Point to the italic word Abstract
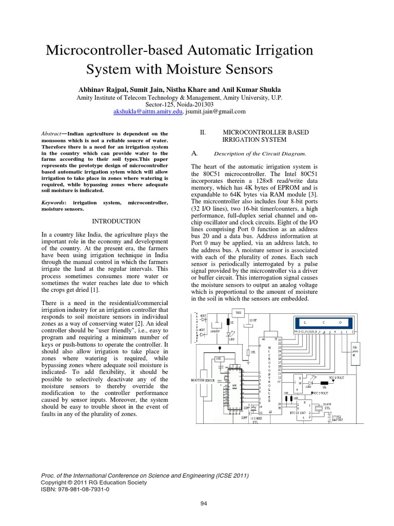50,133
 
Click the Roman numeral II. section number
203,133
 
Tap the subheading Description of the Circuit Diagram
260,153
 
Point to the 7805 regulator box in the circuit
239,313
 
